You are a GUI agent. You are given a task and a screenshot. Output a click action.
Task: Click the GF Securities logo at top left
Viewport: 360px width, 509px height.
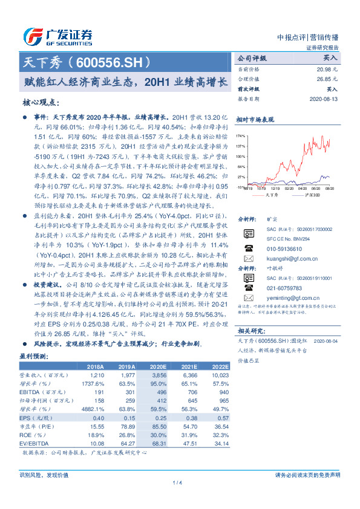57,36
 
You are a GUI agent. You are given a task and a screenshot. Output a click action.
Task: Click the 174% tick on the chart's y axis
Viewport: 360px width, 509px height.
240,136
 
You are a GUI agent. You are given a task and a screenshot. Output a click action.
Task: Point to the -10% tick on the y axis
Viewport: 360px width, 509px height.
240,187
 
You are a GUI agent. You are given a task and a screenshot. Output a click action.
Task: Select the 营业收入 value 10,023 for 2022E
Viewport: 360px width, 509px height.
219,375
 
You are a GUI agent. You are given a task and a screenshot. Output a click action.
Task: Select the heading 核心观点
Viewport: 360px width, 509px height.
42,102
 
